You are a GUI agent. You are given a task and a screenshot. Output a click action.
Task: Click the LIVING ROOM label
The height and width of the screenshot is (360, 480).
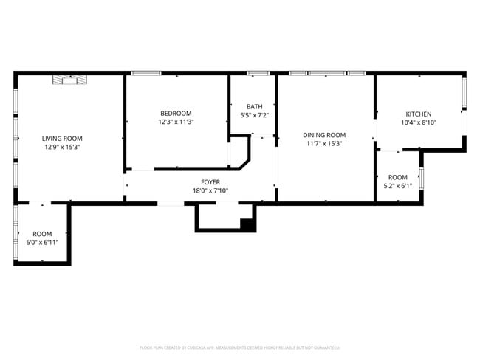[x=62, y=138]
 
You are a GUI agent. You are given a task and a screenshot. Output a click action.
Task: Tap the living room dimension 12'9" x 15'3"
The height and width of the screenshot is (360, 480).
[x=62, y=147]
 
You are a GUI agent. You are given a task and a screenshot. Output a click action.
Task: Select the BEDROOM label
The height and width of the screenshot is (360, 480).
[x=176, y=113]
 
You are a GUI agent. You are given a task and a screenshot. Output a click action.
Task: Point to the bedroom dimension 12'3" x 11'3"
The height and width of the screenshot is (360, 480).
[x=176, y=122]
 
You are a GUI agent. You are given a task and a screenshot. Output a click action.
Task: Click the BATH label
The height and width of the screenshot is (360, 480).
[x=254, y=106]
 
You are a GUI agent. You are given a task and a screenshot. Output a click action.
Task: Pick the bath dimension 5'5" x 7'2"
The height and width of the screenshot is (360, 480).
[x=254, y=115]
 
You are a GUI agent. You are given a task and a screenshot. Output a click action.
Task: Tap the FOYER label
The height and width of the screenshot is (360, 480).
[x=210, y=182]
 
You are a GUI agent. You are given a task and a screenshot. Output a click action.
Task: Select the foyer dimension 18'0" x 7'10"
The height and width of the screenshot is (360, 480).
[x=210, y=191]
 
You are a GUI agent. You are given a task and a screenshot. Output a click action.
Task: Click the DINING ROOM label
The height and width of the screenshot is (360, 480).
[x=324, y=135]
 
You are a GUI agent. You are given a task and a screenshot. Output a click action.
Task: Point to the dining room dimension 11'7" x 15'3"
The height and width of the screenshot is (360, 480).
[x=324, y=144]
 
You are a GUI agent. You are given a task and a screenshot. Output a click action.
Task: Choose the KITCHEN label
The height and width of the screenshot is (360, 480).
[x=418, y=114]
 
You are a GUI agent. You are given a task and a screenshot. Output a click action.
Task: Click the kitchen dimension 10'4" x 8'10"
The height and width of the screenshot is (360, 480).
[x=418, y=122]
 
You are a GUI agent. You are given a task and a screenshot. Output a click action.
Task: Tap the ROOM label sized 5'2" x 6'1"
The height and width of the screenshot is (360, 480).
[x=397, y=177]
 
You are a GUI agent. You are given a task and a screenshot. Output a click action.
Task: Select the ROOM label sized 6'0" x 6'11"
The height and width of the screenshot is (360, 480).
[x=42, y=233]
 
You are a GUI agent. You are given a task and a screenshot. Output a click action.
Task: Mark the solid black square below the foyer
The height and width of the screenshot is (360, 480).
[x=248, y=225]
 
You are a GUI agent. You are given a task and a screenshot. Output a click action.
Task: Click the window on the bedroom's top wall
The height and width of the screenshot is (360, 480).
[x=146, y=73]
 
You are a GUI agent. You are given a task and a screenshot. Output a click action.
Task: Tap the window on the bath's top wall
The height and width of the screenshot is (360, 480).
[x=258, y=73]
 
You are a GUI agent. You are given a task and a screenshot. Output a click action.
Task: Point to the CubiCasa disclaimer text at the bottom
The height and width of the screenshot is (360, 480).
[x=239, y=347]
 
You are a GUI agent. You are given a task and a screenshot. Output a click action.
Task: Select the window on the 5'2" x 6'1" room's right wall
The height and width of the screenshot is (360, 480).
[x=421, y=179]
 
